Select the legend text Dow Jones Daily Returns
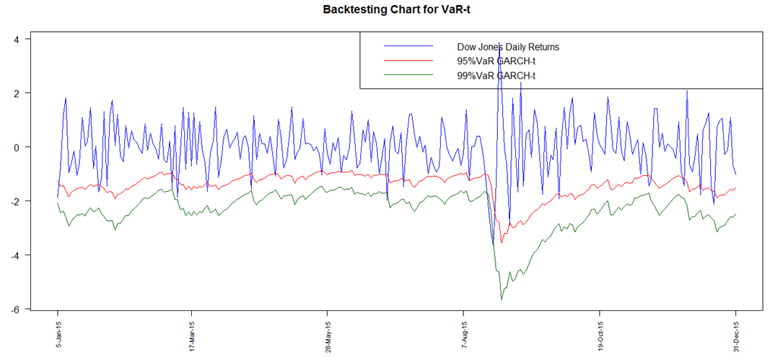pyautogui.click(x=508, y=47)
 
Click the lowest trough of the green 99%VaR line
pyautogui.click(x=502, y=299)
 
